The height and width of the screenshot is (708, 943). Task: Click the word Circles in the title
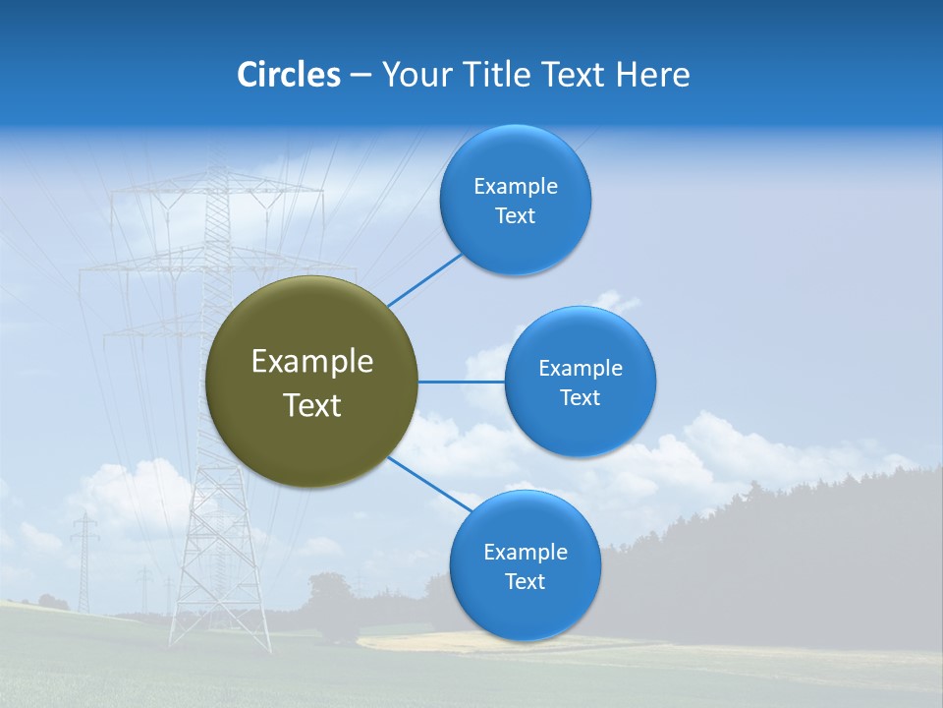tap(288, 75)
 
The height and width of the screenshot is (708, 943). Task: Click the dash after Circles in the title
tap(361, 76)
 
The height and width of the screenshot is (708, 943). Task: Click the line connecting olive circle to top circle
tap(425, 279)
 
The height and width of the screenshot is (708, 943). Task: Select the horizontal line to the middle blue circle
tap(462, 382)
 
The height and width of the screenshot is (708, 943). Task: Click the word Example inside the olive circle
tap(312, 362)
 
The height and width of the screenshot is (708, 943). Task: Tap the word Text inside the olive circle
tap(312, 405)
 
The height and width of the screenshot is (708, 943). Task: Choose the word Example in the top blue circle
tap(516, 186)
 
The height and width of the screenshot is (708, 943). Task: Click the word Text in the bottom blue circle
tap(525, 581)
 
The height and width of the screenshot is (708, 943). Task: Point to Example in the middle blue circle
tap(581, 368)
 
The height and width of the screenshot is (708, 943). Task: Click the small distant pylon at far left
tap(84, 560)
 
